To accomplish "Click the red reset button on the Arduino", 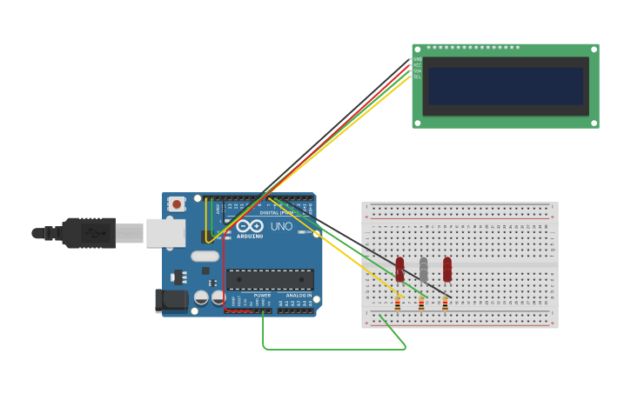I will click(x=177, y=204).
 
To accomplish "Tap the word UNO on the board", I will click(x=281, y=227).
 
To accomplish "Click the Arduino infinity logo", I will click(x=249, y=226).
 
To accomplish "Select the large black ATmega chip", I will click(x=270, y=279).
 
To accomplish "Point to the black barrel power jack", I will click(x=171, y=301).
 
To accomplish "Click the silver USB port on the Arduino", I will click(x=165, y=233).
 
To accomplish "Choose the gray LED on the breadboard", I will click(x=424, y=270).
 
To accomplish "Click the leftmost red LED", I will click(x=400, y=269).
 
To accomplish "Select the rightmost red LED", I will click(x=447, y=269).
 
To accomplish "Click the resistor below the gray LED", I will click(x=421, y=304).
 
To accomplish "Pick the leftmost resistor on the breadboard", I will click(x=398, y=304).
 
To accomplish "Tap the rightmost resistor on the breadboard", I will click(x=445, y=304).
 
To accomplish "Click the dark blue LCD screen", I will click(x=505, y=86).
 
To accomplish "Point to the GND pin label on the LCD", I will click(x=417, y=59).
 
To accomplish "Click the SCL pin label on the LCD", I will click(x=417, y=77).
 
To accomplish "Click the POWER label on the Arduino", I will click(x=262, y=296).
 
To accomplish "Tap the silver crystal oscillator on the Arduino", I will click(x=205, y=257).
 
